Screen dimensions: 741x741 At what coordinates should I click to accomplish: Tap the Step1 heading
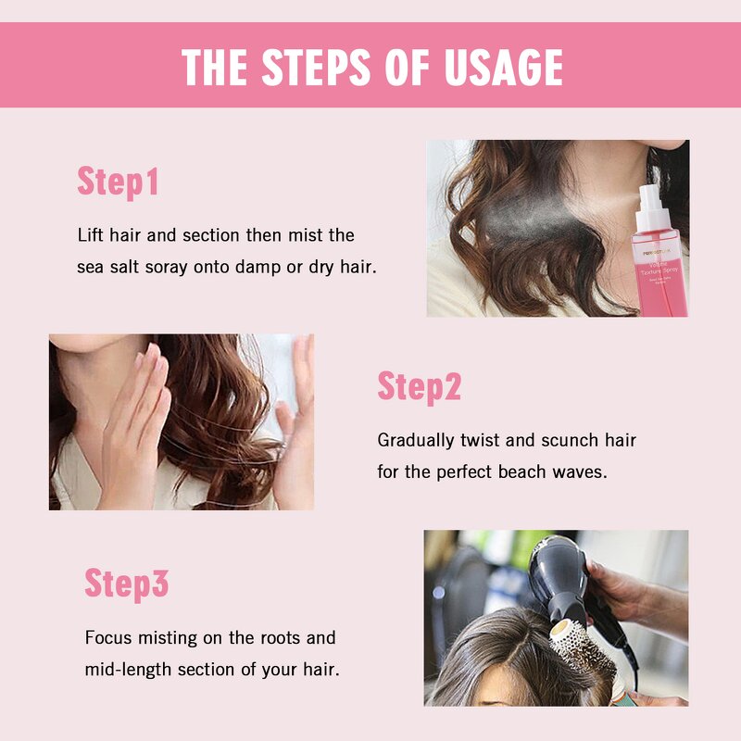[x=118, y=182]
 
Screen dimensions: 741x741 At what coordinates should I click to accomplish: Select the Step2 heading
[x=419, y=386]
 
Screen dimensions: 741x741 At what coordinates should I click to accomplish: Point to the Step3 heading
[x=127, y=584]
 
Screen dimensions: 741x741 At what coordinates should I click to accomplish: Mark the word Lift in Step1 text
[x=91, y=235]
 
